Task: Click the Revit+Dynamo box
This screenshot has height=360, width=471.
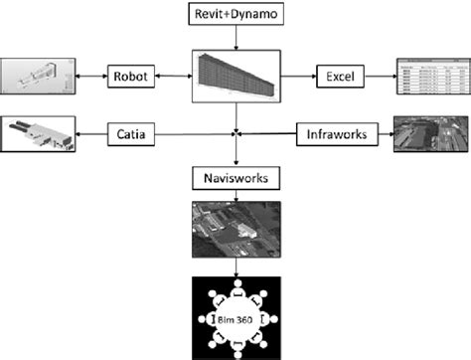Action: click(235, 15)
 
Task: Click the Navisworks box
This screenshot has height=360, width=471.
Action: click(235, 180)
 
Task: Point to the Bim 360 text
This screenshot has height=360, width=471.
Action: click(235, 318)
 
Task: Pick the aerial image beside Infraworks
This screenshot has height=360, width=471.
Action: click(430, 132)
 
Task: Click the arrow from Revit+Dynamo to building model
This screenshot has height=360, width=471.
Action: click(235, 40)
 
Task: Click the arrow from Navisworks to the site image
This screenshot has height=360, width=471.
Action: click(235, 197)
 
